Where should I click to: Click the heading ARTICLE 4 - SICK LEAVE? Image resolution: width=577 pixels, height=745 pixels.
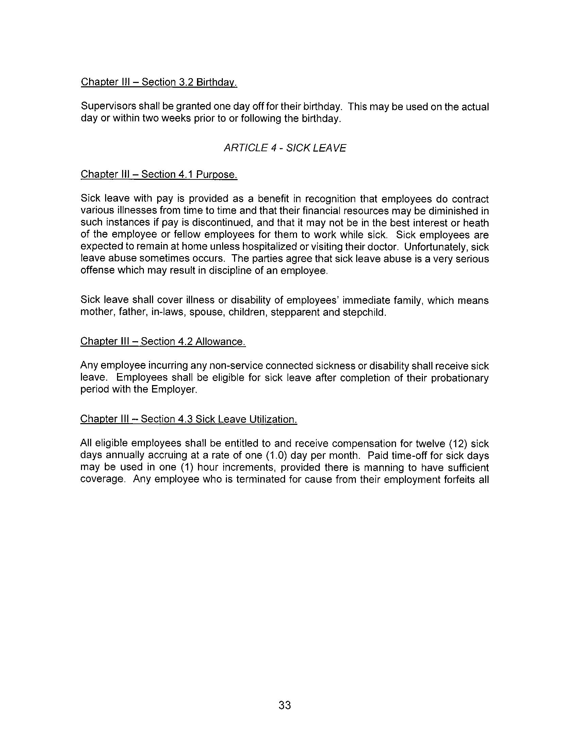[x=285, y=148]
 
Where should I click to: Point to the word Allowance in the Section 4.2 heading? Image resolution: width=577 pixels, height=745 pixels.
[x=220, y=342]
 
